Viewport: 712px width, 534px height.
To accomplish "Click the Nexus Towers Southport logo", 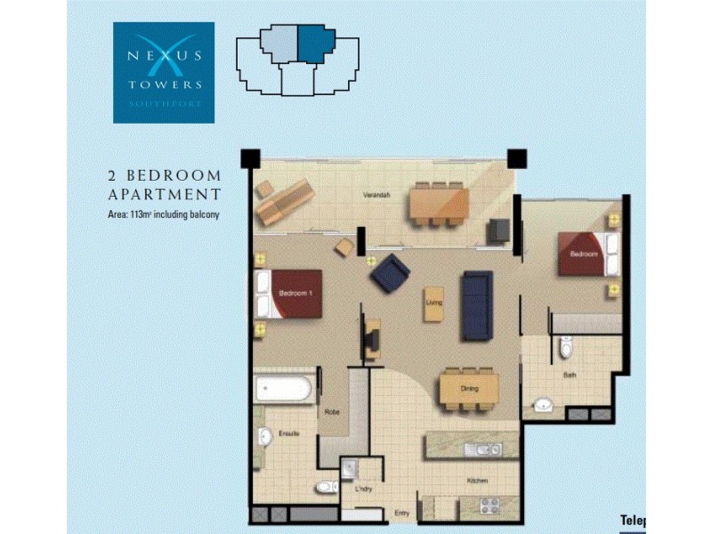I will [x=164, y=72].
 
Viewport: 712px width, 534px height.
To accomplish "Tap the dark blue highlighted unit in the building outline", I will [x=314, y=41].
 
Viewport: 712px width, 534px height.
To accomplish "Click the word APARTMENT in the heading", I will [x=164, y=193].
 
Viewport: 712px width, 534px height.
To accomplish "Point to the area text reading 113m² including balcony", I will [x=164, y=214].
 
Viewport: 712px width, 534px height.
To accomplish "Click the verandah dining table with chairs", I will [x=438, y=205].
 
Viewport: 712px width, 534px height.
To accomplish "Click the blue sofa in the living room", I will [x=476, y=305].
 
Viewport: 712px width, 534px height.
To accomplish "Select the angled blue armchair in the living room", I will [x=390, y=272].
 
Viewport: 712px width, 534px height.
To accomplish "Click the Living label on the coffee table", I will [x=434, y=304].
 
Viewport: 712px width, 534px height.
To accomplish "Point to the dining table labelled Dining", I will [x=470, y=389].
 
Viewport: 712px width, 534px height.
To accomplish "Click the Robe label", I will [x=332, y=412].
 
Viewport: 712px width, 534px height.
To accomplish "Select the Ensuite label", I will [x=288, y=433].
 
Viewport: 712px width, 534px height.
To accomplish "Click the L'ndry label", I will [x=362, y=490].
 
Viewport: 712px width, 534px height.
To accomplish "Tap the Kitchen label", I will [x=478, y=481].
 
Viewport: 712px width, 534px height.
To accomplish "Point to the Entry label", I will [x=401, y=513].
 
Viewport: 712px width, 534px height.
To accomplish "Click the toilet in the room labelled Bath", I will [x=566, y=349].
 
